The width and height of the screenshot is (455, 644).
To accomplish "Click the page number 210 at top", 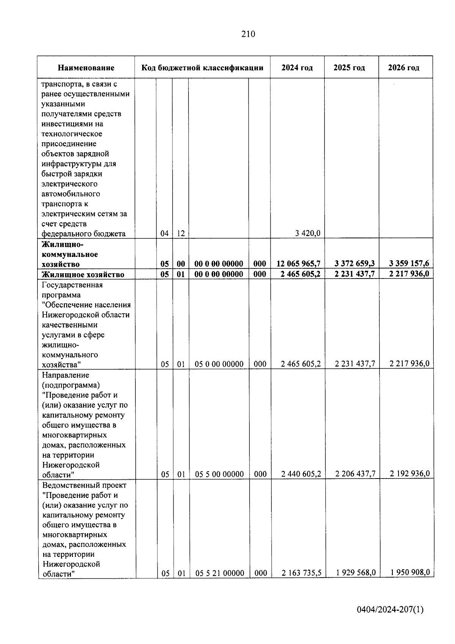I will tap(248, 34).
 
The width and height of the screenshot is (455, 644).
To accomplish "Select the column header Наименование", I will tap(86, 68).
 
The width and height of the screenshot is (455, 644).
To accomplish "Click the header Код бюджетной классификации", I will tap(202, 68).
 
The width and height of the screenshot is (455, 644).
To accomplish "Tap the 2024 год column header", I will tap(297, 68).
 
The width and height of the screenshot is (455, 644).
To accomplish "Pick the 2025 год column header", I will tap(349, 68).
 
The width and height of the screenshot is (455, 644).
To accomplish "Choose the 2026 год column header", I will tap(404, 68).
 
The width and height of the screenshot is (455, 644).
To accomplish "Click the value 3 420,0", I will tap(308, 233).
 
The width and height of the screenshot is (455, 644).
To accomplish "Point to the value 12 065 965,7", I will tap(298, 264).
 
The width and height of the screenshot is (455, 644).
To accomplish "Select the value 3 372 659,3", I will tap(355, 264).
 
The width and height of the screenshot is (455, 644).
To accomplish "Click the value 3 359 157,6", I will tap(409, 264).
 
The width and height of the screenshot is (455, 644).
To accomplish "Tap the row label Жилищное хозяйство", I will tap(83, 274).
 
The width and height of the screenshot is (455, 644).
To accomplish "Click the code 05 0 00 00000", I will tap(219, 364).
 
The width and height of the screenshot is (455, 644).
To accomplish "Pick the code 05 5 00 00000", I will tap(220, 474).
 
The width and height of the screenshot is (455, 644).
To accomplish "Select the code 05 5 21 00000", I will tap(220, 573).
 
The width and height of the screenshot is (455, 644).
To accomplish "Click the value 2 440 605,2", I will tap(301, 474).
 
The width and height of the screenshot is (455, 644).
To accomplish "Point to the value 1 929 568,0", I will tap(356, 573).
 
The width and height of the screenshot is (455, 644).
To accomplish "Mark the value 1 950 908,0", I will tap(410, 572).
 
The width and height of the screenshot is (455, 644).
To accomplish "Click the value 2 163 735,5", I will tap(301, 573).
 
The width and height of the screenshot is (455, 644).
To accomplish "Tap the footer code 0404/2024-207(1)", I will tap(390, 610).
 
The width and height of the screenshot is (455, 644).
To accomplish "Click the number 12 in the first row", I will tap(181, 234).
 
